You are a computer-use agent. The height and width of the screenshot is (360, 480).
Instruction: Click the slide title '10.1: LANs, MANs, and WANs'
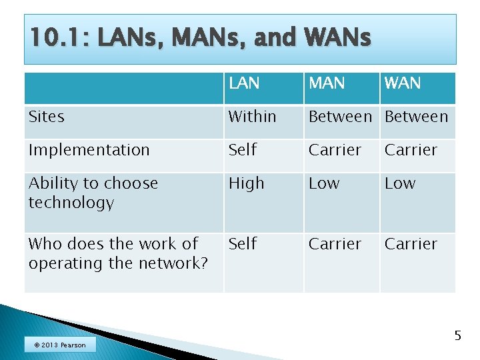pyautogui.click(x=200, y=39)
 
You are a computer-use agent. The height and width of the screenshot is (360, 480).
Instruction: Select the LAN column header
pyautogui.click(x=244, y=83)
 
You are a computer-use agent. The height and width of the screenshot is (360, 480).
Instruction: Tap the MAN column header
pyautogui.click(x=327, y=83)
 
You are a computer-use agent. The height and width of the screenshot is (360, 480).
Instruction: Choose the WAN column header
pyautogui.click(x=402, y=83)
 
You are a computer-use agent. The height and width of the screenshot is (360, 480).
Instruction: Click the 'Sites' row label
pyautogui.click(x=47, y=117)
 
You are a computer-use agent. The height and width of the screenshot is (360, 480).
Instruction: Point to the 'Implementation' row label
pyautogui.click(x=89, y=150)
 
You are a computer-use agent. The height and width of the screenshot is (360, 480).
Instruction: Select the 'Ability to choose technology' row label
pyautogui.click(x=93, y=193)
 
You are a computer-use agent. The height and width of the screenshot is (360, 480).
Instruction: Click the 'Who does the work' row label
pyautogui.click(x=118, y=253)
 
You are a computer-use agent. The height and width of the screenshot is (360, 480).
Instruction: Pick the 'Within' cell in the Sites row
pyautogui.click(x=252, y=117)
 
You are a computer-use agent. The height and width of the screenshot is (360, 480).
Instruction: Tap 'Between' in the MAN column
pyautogui.click(x=340, y=117)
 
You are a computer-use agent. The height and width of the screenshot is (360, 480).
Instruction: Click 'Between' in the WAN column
pyautogui.click(x=417, y=117)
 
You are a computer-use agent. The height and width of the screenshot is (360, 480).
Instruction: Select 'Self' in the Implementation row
pyautogui.click(x=243, y=150)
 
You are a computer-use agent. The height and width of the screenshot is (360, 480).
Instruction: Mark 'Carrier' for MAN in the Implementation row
pyautogui.click(x=335, y=150)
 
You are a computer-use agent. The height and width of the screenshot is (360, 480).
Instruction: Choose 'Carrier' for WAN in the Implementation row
pyautogui.click(x=411, y=150)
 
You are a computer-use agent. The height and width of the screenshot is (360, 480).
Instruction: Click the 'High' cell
pyautogui.click(x=247, y=183)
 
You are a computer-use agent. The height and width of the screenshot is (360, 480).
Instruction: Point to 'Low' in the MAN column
pyautogui.click(x=323, y=183)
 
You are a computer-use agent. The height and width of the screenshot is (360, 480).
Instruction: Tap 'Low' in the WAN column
pyautogui.click(x=400, y=183)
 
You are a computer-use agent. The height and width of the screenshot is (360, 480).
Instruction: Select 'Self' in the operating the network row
pyautogui.click(x=243, y=244)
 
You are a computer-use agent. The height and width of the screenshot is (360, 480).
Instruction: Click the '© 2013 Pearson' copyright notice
pyautogui.click(x=60, y=345)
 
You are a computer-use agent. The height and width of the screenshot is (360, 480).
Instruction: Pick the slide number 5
pyautogui.click(x=457, y=335)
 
